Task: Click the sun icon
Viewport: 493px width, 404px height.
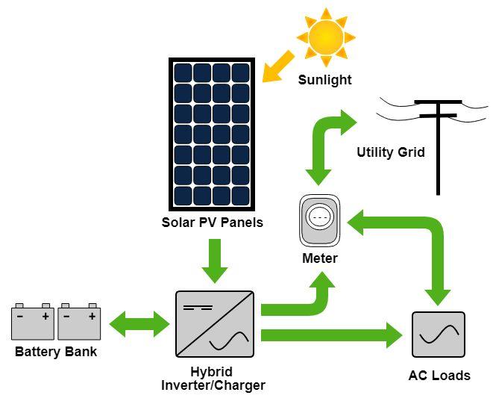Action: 326,37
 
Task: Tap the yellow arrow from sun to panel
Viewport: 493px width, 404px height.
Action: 278,66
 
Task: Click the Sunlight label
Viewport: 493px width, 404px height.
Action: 324,80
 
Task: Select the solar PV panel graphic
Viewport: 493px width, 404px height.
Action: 212,134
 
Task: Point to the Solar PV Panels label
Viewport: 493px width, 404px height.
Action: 213,223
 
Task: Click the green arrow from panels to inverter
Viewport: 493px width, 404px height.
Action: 216,261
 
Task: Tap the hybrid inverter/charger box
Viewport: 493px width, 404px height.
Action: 215,324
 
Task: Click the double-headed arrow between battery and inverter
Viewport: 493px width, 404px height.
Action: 139,324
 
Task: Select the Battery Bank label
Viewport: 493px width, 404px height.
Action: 56,352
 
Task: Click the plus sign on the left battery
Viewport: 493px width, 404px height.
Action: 45,316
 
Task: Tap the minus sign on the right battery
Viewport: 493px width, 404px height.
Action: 66,316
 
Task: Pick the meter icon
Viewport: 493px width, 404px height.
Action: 319,220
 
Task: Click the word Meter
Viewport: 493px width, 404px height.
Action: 320,258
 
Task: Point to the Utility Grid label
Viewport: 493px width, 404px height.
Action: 391,152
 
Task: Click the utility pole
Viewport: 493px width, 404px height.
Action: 438,147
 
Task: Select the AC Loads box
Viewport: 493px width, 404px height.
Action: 439,335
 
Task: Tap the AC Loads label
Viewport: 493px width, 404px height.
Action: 439,376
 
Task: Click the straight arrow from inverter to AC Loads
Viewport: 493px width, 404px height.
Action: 332,335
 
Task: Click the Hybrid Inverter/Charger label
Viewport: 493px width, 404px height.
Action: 213,379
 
